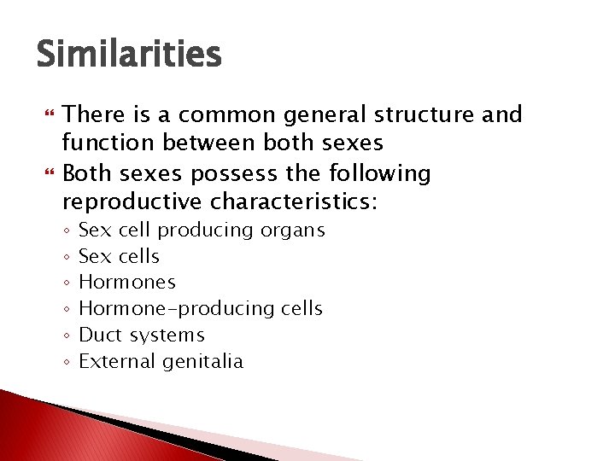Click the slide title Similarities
click(x=129, y=55)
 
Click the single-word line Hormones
click(x=126, y=282)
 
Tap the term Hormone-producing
click(x=161, y=308)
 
